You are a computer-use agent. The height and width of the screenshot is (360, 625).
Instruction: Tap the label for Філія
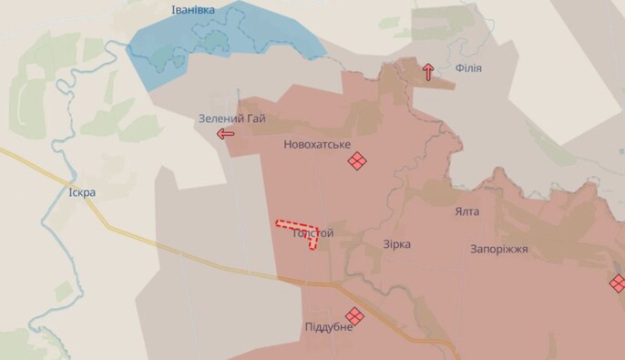coord(468,68)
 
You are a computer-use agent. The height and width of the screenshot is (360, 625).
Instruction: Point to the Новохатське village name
coord(317,144)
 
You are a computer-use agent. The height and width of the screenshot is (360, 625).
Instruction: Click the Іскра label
coord(82,192)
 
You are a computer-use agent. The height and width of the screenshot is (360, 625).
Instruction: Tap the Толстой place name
coord(313,233)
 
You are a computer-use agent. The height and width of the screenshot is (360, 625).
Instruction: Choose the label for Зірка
coord(396,244)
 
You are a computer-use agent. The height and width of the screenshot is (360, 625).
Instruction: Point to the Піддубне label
coord(329,327)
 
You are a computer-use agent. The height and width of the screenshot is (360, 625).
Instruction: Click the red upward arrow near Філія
coord(428,71)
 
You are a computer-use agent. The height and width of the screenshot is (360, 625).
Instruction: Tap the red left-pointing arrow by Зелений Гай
coord(225,134)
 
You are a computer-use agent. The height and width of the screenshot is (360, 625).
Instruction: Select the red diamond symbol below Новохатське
coord(357,161)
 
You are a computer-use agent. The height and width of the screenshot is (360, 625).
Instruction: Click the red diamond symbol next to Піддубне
coord(354,316)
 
